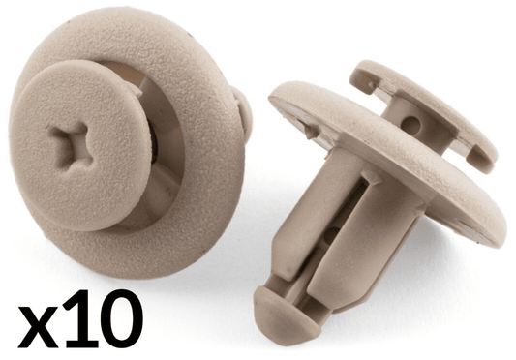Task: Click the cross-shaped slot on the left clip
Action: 71,147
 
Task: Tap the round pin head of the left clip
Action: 79,145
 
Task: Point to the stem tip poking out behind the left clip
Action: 244,113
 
